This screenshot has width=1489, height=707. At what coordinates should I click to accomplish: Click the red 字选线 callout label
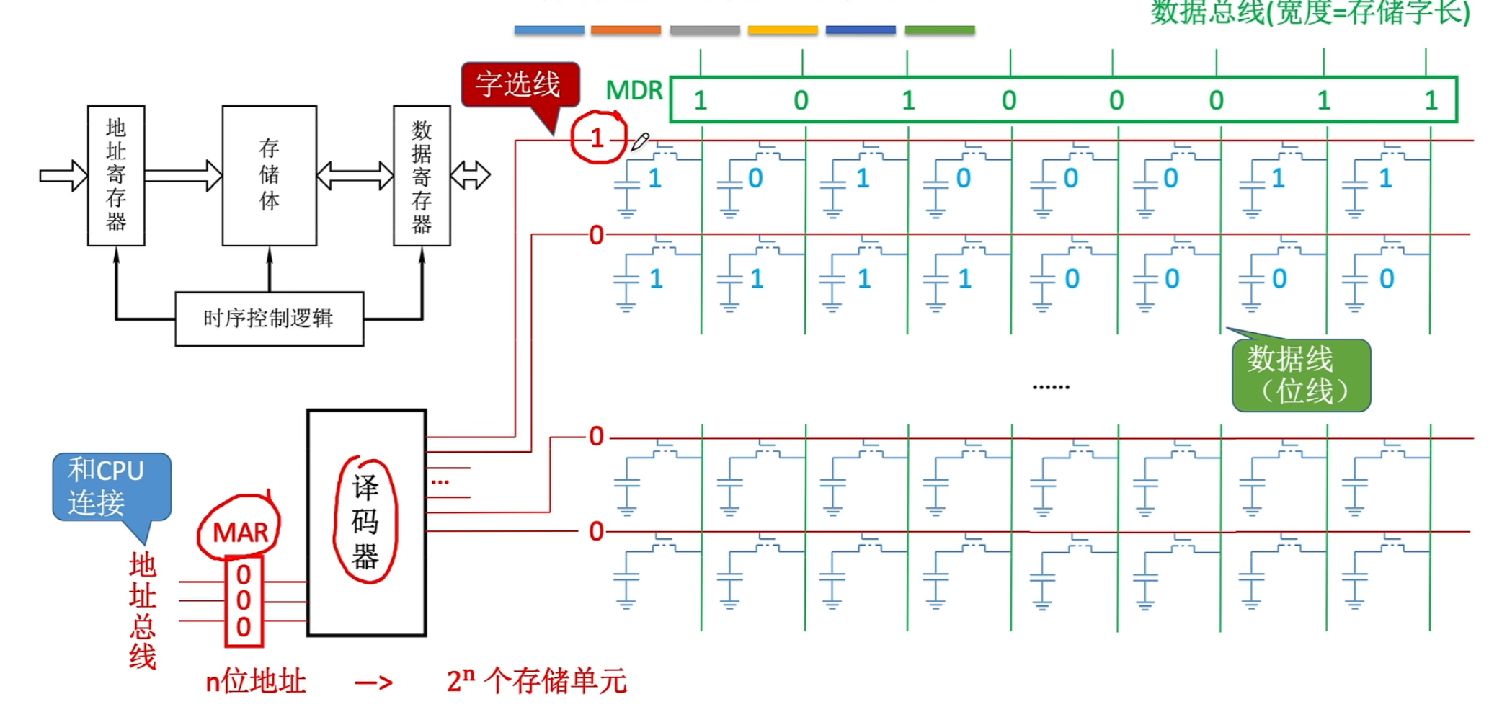(519, 85)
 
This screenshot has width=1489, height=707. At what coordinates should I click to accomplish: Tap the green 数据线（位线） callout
(1302, 375)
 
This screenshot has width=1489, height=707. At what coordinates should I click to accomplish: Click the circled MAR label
(240, 533)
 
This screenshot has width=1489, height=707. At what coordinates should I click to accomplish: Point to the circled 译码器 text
(365, 521)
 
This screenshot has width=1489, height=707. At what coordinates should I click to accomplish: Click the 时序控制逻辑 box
(269, 319)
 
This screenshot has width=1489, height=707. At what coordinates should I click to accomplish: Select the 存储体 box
(269, 175)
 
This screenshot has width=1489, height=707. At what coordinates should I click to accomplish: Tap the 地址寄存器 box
(116, 175)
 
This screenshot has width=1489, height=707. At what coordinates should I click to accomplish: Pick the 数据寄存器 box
(422, 175)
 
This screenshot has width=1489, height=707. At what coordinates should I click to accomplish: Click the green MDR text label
(634, 91)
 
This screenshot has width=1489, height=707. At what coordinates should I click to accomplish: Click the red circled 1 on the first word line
(597, 138)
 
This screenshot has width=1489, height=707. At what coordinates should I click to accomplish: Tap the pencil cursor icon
(639, 141)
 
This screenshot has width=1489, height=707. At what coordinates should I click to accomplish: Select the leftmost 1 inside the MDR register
(700, 101)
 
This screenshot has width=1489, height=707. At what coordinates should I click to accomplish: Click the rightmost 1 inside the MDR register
(1431, 101)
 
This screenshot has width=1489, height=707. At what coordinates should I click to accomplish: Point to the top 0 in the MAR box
(244, 575)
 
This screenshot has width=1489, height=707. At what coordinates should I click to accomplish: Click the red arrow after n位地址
(374, 683)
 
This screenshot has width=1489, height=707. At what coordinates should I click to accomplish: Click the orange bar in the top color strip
(626, 30)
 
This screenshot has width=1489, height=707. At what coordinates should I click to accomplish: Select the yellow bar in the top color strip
(783, 30)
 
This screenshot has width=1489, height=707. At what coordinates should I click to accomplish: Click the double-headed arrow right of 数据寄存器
(471, 175)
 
